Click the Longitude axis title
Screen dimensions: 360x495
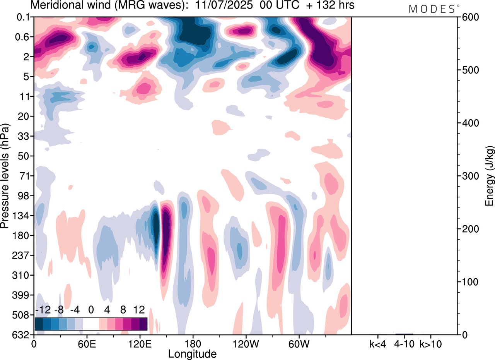coord(192,353)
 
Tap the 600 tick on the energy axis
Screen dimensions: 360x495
coord(468,17)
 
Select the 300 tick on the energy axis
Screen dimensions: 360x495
coord(468,176)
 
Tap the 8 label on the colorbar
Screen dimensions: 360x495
coord(123,310)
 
